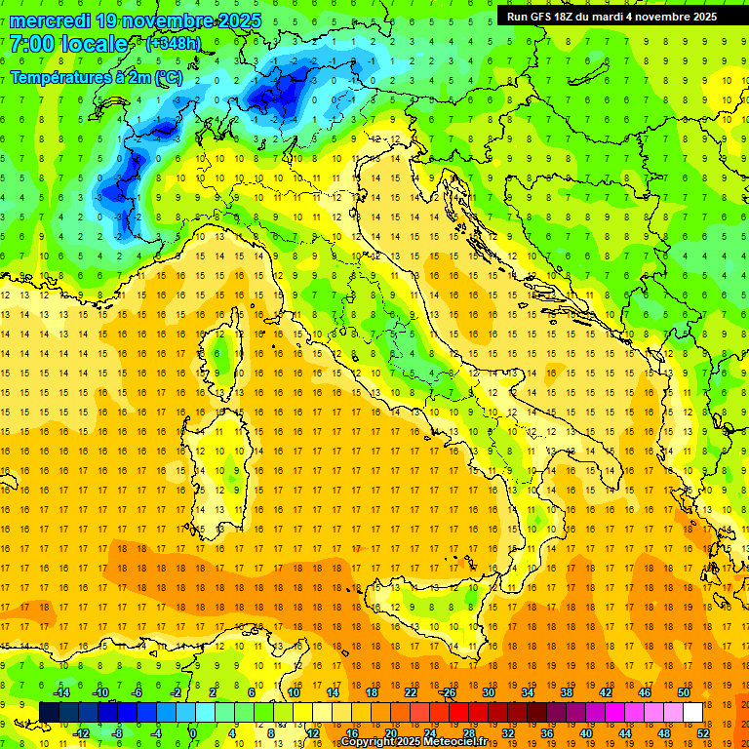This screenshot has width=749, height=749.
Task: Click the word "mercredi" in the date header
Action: (x=49, y=20)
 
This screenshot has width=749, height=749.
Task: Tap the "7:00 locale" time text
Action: (x=68, y=44)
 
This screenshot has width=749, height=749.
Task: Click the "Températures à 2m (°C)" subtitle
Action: (x=96, y=76)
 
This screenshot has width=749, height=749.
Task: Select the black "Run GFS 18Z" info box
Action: (x=611, y=16)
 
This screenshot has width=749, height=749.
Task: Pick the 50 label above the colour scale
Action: (x=683, y=692)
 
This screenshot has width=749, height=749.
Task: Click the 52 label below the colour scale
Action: (x=702, y=733)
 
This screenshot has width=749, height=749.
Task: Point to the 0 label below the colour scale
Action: (x=193, y=733)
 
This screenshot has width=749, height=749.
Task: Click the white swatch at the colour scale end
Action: (x=692, y=712)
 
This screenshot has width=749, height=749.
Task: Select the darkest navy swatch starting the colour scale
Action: (x=49, y=712)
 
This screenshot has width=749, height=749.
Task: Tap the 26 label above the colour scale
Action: (x=448, y=692)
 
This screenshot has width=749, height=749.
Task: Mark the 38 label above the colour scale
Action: (x=566, y=692)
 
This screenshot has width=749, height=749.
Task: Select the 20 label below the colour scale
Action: (x=390, y=733)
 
